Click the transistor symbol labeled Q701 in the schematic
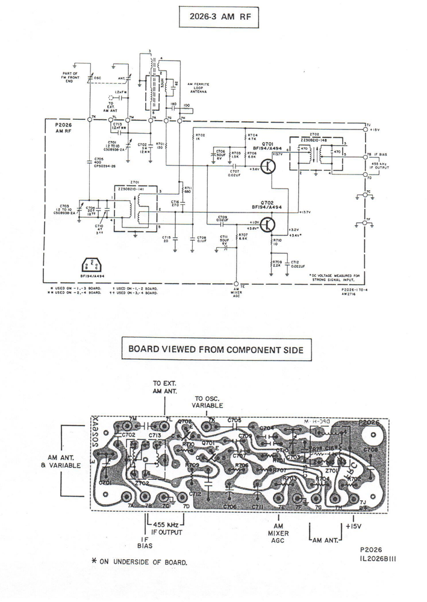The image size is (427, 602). (x=268, y=166)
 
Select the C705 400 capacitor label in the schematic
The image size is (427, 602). (x=98, y=163)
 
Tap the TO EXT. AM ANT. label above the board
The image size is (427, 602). (x=165, y=386)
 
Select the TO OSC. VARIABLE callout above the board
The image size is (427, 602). (x=207, y=402)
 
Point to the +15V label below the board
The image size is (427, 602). (x=352, y=526)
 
